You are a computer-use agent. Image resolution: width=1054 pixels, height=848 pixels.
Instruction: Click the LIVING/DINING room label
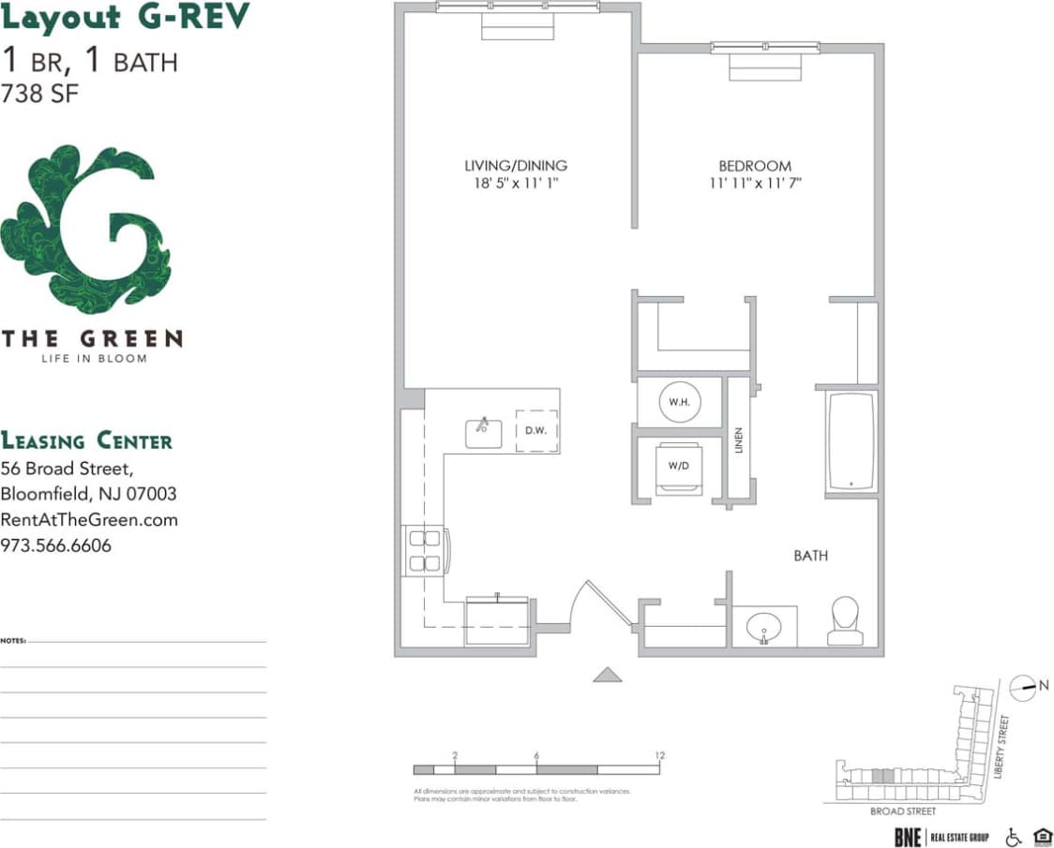tap(516, 166)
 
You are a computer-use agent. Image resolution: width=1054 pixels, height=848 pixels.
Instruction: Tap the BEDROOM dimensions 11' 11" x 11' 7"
tap(755, 185)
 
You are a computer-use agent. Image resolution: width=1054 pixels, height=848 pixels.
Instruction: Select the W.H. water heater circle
tap(679, 401)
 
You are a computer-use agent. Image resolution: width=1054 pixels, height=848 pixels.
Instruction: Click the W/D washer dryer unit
tap(679, 467)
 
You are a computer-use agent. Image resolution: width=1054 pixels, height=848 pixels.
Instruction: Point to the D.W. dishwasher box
tap(536, 431)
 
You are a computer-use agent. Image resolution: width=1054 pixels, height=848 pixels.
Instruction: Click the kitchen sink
tap(484, 432)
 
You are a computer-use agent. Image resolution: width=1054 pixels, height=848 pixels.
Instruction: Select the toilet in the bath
tap(845, 621)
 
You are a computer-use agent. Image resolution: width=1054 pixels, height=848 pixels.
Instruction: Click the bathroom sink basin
tap(764, 624)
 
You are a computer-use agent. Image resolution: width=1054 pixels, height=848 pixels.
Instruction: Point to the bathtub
tap(851, 441)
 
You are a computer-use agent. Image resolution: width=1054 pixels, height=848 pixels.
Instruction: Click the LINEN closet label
tap(739, 440)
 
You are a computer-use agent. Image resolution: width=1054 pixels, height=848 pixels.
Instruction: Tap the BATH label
tap(810, 556)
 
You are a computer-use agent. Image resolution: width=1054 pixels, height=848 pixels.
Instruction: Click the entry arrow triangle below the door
tap(608, 674)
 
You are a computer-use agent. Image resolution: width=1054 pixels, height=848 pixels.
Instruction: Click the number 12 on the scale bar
tap(660, 755)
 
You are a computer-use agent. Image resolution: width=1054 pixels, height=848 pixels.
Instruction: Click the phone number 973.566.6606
tap(56, 544)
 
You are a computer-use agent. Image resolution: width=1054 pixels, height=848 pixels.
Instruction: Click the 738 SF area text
tap(40, 94)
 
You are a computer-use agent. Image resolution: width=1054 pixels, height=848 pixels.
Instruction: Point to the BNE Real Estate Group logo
tap(941, 837)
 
